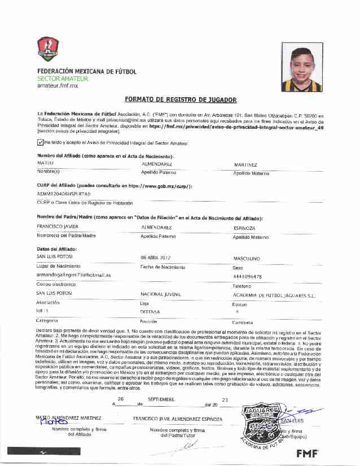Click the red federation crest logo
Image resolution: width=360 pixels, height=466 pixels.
point(47,49)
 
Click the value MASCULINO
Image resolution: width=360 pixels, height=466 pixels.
point(246,258)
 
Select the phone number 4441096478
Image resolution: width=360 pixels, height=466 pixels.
point(247,276)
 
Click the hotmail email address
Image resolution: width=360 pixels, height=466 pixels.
point(73,275)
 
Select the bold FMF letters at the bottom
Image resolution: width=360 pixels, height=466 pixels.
point(307,453)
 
